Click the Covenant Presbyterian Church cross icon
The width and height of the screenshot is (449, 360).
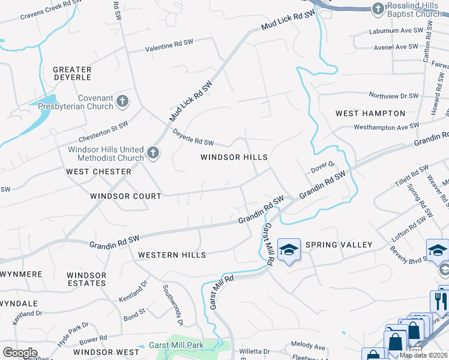[x=122, y=101]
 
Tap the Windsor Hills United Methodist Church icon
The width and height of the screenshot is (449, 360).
[x=152, y=154]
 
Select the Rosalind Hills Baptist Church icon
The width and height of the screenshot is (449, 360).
[x=378, y=8]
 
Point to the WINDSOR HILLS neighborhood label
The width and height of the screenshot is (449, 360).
[x=234, y=157]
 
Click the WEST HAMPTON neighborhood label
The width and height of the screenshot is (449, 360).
[x=370, y=113]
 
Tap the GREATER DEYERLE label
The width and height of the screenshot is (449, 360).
[x=72, y=74]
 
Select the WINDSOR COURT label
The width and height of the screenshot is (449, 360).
[x=125, y=196]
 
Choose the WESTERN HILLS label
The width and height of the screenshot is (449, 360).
[x=172, y=255]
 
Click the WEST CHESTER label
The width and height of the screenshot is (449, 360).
[x=98, y=172]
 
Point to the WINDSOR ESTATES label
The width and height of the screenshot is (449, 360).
[x=86, y=279]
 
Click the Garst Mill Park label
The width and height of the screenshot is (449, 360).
[x=179, y=346]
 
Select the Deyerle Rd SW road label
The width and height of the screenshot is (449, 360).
[x=193, y=137]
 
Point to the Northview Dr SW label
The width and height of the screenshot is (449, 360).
[x=393, y=96]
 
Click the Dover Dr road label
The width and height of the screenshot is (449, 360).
[x=322, y=166]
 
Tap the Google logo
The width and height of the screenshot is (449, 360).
[x=20, y=353]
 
